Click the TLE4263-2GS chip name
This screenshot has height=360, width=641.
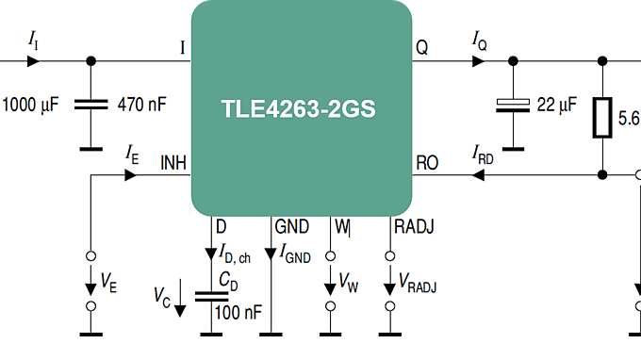coord(299,108)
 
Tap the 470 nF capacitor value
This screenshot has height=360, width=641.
coord(141,104)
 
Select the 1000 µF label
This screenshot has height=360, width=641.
coord(31,104)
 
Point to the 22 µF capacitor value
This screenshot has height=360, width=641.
coord(556,106)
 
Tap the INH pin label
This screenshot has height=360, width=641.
coord(173,162)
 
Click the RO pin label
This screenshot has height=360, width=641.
coord(427,162)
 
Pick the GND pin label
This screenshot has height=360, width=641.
coord(291,226)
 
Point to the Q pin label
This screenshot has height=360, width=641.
coord(421,48)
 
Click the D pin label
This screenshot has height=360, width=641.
coord(221,226)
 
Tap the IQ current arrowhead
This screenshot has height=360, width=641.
coord(480,61)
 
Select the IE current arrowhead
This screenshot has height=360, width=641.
coord(130,173)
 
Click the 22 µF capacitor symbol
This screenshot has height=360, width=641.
coord(512,106)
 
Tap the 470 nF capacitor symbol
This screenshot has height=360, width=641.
coord(91,105)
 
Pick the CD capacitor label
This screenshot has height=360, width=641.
coord(227,279)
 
